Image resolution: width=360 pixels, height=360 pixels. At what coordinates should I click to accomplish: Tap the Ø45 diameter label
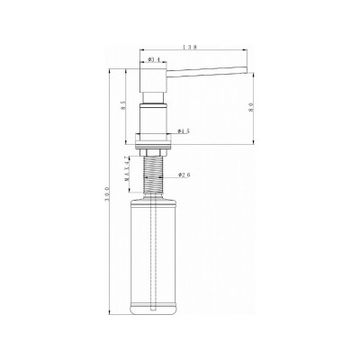click(x=183, y=131)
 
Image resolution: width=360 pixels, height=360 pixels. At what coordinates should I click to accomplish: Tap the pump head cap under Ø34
click(x=151, y=83)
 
